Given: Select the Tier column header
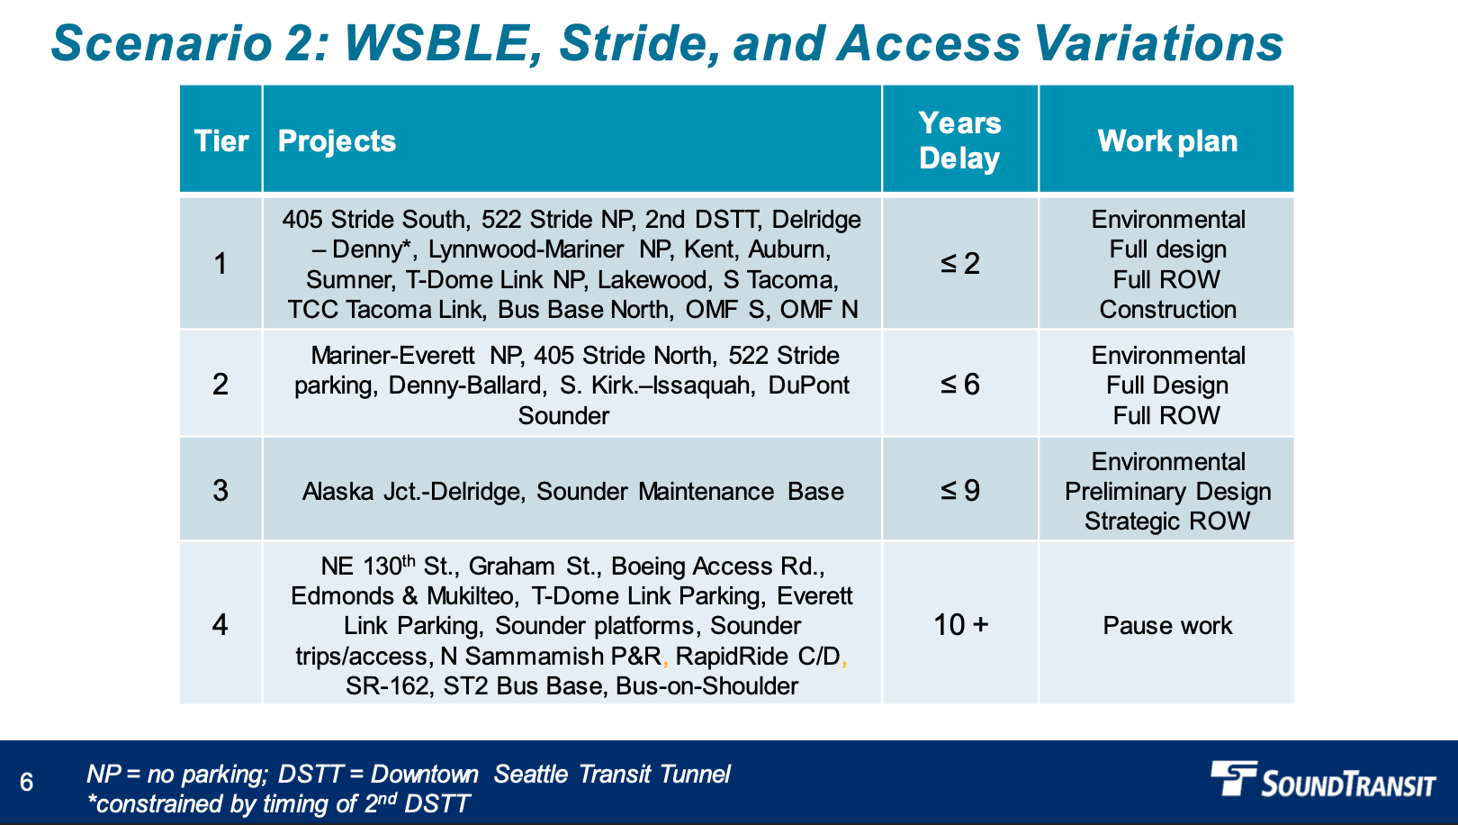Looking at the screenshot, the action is pyautogui.click(x=221, y=141).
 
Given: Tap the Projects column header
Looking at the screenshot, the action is pyautogui.click(x=337, y=141).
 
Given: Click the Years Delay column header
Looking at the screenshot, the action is pyautogui.click(x=960, y=141).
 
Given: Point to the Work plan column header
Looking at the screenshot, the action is pyautogui.click(x=1167, y=141).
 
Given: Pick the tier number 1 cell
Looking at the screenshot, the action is pyautogui.click(x=220, y=264).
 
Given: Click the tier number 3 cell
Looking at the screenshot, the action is pyautogui.click(x=220, y=490).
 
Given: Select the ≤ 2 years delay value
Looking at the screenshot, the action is pyautogui.click(x=960, y=264).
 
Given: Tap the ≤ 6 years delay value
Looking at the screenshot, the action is pyautogui.click(x=960, y=385).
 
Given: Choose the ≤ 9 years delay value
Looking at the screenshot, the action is pyautogui.click(x=960, y=490).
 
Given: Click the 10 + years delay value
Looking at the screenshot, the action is pyautogui.click(x=960, y=625).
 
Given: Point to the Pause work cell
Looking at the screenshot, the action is pyautogui.click(x=1167, y=626).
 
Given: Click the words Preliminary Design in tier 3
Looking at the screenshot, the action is pyautogui.click(x=1167, y=492).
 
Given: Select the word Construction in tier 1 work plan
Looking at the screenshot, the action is pyautogui.click(x=1167, y=309).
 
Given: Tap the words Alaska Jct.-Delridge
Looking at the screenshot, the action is pyautogui.click(x=413, y=492).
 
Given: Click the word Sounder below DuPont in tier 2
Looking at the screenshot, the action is pyautogui.click(x=563, y=415).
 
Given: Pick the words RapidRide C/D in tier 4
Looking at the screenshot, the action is pyautogui.click(x=758, y=657).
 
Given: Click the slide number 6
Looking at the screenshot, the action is pyautogui.click(x=27, y=782).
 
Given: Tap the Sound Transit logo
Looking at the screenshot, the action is pyautogui.click(x=1323, y=779).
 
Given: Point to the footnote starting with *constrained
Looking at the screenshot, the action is pyautogui.click(x=278, y=804).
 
